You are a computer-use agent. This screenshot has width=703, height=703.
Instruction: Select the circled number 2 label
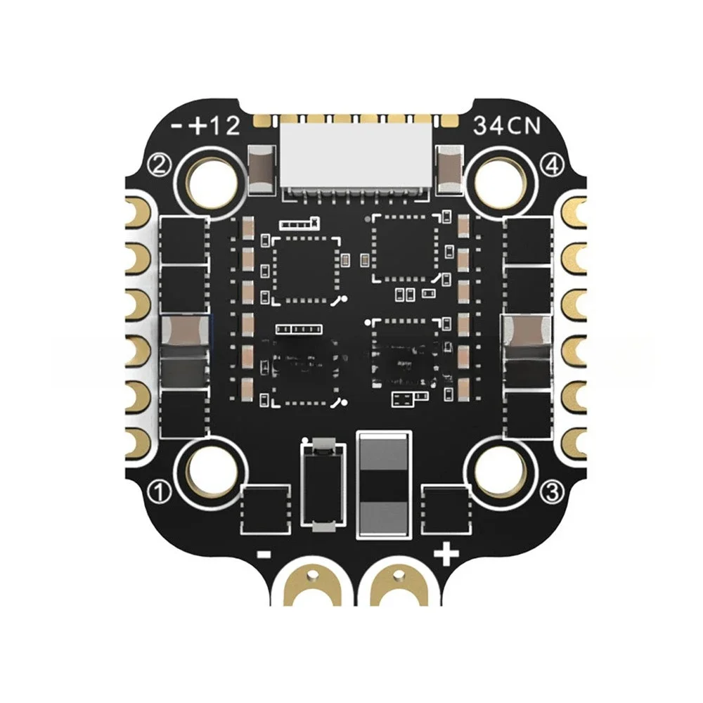160,166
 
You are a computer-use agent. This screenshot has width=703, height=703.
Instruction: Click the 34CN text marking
507,127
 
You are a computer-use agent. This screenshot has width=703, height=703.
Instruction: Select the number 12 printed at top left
225,127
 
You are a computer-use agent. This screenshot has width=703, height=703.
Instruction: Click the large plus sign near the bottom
445,554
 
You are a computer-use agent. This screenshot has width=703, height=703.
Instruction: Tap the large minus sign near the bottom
265,554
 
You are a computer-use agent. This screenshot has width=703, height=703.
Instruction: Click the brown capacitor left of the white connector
262,168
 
